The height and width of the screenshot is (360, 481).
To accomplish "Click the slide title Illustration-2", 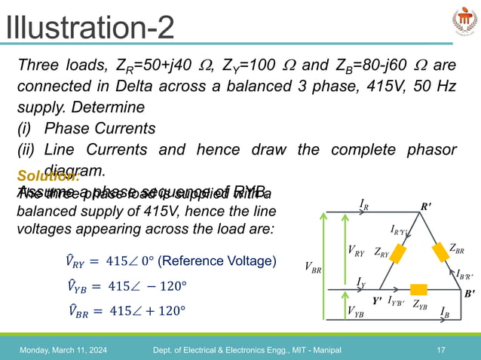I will pos(89,29).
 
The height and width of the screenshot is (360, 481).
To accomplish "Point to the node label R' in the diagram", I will pos(425,205).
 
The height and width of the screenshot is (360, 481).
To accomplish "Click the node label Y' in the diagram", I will pos(377,299).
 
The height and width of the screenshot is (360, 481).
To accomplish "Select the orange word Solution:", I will pos(47,176).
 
